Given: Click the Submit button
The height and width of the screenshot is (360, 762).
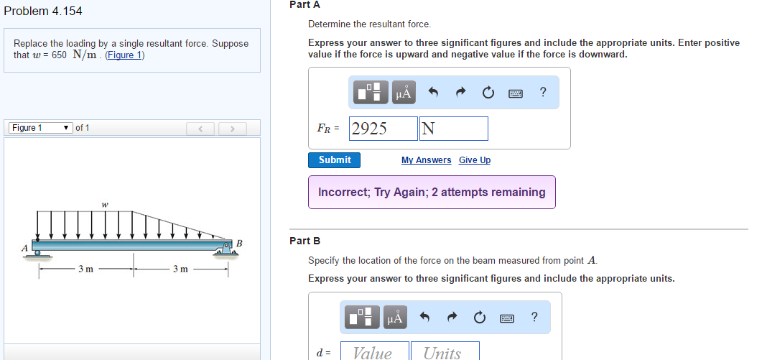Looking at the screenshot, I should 335,160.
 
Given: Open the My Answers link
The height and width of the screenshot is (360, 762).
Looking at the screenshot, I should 426,160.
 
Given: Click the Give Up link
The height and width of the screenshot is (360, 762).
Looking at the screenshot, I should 475,160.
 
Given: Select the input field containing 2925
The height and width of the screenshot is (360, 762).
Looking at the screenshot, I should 384,129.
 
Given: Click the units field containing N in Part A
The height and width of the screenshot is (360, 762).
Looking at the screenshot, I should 454,129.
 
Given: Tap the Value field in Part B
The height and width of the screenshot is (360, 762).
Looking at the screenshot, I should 373,352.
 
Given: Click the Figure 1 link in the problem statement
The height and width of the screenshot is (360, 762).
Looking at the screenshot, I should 125,55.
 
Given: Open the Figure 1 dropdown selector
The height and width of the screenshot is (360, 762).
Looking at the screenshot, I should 40,128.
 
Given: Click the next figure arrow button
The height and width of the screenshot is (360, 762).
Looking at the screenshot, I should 231,129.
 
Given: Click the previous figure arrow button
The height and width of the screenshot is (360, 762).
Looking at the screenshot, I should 201,129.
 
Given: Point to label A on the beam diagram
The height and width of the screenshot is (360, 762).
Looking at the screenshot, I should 24,248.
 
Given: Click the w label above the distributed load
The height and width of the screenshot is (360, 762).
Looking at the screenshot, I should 105,205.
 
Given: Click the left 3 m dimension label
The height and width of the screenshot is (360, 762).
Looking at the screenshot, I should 85,269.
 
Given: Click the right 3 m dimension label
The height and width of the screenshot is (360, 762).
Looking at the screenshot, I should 180,269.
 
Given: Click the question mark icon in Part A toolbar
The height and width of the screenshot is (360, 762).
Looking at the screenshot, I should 543,92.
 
